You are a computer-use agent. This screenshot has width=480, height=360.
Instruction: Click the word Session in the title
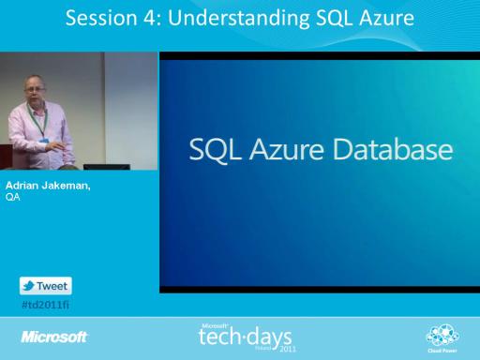point(101,18)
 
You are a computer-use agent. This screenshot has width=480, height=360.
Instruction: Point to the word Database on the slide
point(393,149)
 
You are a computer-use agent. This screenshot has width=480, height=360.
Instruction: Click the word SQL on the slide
point(215,150)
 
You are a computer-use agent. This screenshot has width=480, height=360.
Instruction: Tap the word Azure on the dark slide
point(286,150)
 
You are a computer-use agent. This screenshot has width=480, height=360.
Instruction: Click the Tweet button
point(46,286)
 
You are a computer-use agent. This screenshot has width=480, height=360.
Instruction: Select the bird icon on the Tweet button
point(29,286)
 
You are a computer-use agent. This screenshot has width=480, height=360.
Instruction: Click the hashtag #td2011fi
point(46,305)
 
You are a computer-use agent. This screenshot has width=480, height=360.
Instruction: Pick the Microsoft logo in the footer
point(54,337)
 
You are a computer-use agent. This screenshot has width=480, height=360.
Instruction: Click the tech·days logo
point(246,337)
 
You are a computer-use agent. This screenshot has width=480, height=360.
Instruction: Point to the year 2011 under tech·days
point(288,349)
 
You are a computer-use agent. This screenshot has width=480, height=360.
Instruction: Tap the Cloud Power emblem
point(442,338)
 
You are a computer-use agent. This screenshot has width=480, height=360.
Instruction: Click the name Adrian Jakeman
point(48,186)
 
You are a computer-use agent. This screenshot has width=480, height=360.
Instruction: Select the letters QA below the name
point(13,197)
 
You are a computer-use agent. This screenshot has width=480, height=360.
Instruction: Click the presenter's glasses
point(35,90)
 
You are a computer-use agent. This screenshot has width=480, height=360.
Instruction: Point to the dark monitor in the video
point(107,167)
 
